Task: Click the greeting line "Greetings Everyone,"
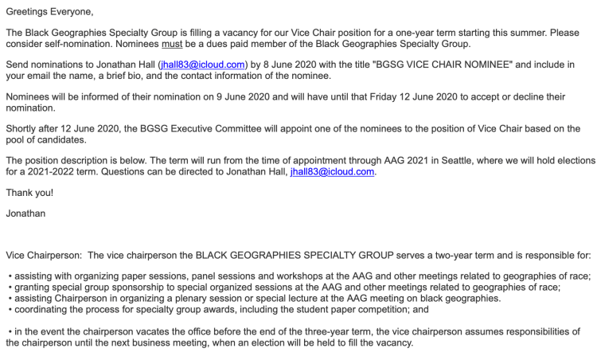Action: [49, 12]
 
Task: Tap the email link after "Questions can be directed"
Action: [331, 171]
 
